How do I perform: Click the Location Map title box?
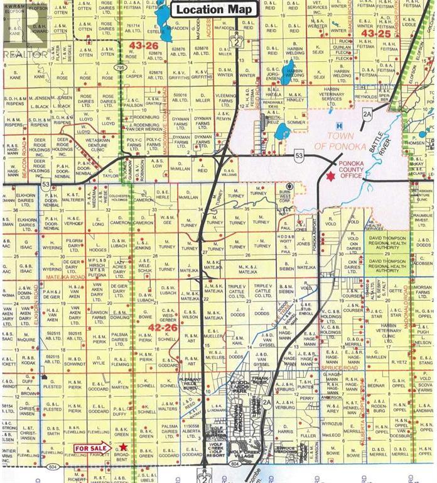tap(213, 9)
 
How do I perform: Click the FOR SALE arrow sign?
tap(92, 448)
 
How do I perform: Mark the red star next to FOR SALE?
tap(123, 447)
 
